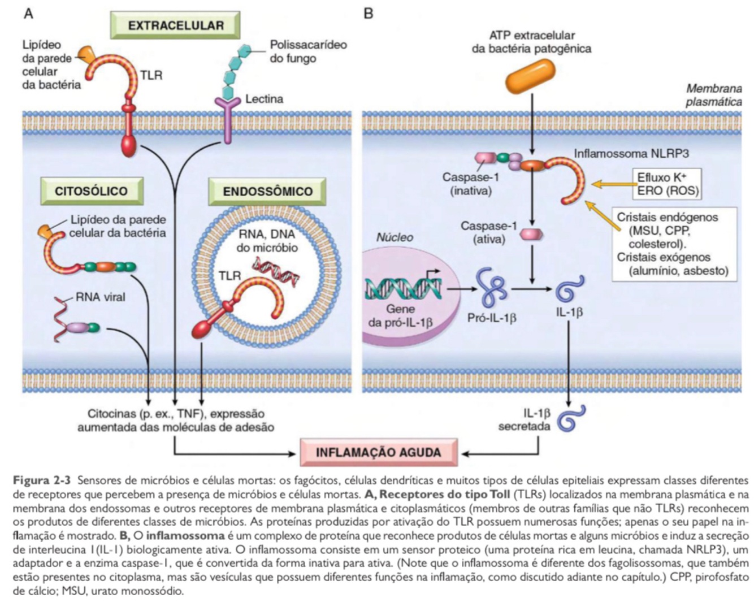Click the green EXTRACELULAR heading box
[175, 25]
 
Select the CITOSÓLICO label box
[91, 190]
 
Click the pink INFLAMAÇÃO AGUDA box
[378, 452]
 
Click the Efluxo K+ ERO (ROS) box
[667, 184]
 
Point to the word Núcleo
[395, 237]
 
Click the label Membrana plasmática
[714, 95]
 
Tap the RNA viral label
[100, 297]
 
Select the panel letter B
[369, 12]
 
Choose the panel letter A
[28, 12]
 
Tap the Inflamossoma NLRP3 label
[631, 153]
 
